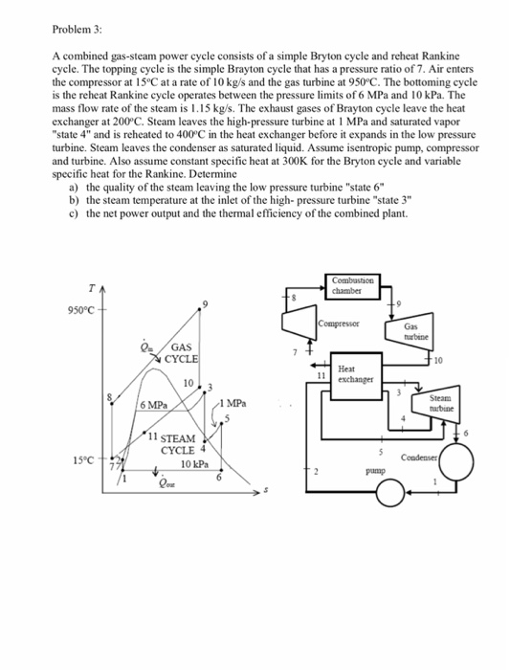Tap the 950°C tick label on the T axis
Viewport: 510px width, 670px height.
pyautogui.click(x=85, y=310)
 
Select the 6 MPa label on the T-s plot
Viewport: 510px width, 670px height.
pyautogui.click(x=155, y=406)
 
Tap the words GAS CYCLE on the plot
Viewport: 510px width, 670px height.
pyautogui.click(x=182, y=353)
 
